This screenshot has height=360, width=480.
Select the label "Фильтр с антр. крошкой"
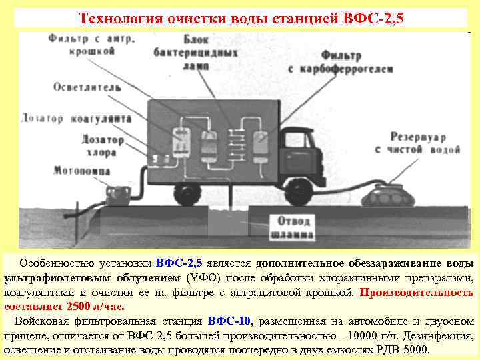90,44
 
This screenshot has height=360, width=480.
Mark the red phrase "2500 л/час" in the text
96,307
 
